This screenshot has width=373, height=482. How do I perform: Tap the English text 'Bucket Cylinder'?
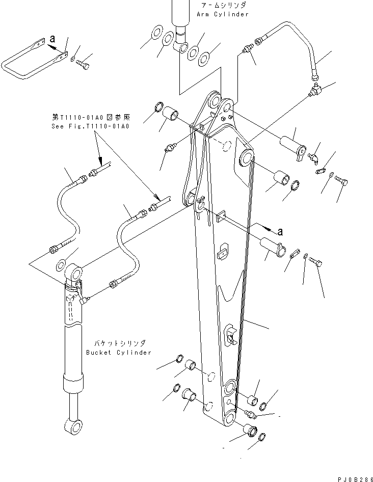tap(119, 352)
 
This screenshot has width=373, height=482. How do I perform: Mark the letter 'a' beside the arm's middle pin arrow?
tap(279, 232)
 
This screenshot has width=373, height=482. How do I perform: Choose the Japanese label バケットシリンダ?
tap(118, 343)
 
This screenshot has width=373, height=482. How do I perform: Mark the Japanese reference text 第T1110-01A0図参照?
tap(90, 117)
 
